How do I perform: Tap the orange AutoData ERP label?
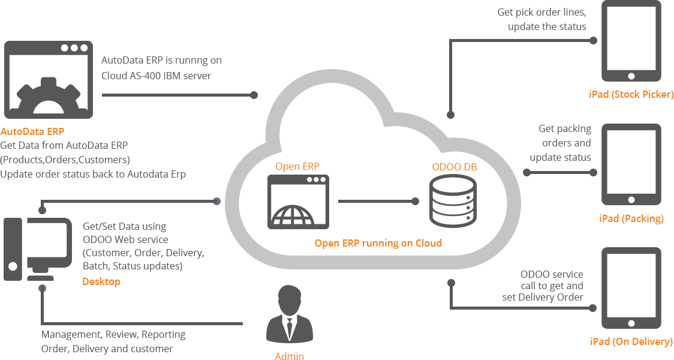pos(33,131)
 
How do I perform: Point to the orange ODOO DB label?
pos(455,167)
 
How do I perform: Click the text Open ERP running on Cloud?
pos(378,243)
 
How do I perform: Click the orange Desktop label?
pos(101,281)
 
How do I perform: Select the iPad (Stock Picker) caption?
pos(631,94)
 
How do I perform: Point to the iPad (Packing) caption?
pos(631,218)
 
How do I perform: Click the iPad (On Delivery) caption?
pos(631,341)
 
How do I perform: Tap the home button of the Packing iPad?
pos(631,200)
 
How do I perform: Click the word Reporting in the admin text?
pos(164,334)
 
